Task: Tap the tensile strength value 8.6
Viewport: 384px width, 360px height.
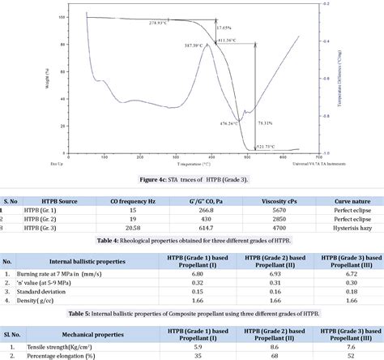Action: [x=273, y=347]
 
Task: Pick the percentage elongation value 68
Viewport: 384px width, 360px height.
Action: [x=273, y=356]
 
